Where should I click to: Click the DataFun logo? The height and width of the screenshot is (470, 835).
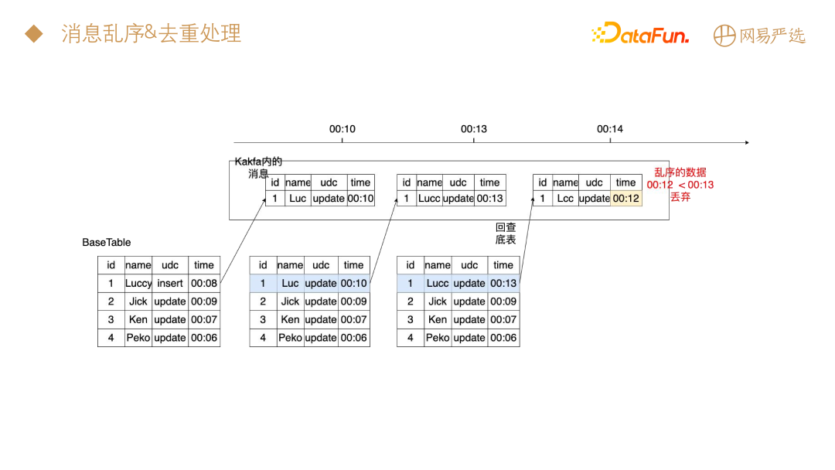(639, 34)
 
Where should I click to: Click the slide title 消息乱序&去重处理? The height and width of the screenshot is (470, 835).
(152, 33)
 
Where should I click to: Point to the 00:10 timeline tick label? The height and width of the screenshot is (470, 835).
(342, 129)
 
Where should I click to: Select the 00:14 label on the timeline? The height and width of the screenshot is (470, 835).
(610, 129)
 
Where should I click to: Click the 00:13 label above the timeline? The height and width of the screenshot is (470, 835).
(474, 129)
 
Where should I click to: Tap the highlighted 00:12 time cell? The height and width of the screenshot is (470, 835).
(626, 199)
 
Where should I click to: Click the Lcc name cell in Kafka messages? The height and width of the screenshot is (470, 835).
(565, 199)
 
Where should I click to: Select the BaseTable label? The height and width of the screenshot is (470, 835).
(107, 242)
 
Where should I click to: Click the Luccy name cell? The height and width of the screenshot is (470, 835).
(138, 284)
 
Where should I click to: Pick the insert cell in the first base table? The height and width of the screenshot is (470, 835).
(170, 284)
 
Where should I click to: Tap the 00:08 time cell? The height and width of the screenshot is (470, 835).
(204, 284)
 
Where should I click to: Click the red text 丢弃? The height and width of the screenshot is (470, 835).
(680, 197)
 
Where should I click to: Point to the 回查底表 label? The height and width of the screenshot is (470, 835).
(506, 233)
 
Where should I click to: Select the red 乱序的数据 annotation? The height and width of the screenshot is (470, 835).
(680, 172)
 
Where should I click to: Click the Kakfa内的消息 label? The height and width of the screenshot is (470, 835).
(258, 167)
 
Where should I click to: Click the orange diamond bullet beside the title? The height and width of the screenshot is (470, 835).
(33, 33)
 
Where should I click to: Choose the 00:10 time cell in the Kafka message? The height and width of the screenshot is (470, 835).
(360, 199)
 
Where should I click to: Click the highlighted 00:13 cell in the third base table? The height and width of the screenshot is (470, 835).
(503, 284)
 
